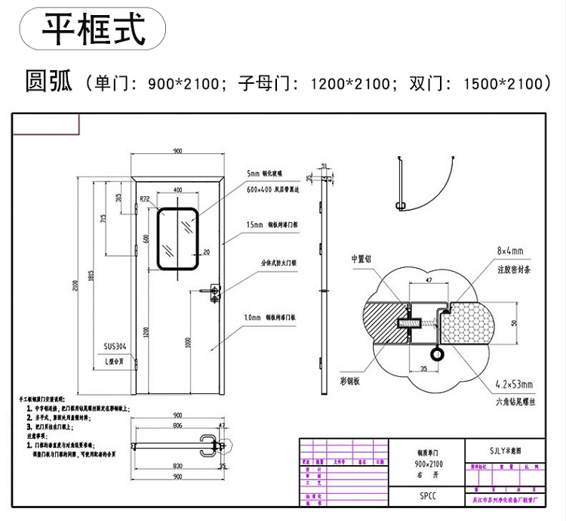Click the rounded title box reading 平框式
pyautogui.click(x=92, y=29)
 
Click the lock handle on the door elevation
pyautogui.click(x=215, y=291)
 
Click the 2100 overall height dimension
pyautogui.click(x=75, y=285)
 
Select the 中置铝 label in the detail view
pyautogui.click(x=362, y=258)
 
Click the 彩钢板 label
pyautogui.click(x=361, y=381)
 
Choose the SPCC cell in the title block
pyautogui.click(x=427, y=496)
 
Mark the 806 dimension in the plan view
pyautogui.click(x=178, y=426)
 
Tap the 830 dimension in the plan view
pyautogui.click(x=177, y=466)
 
